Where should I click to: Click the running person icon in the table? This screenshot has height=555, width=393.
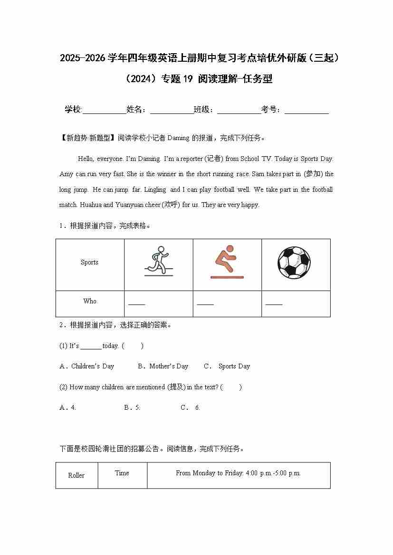[159, 261]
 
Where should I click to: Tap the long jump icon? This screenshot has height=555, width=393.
[227, 262]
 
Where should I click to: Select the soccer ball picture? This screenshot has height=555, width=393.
[294, 263]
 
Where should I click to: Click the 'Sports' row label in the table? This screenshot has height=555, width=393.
[89, 263]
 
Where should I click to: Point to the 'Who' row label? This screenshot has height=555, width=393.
[89, 301]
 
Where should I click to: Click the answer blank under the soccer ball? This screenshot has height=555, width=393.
[274, 303]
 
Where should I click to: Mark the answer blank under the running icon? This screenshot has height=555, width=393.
[137, 303]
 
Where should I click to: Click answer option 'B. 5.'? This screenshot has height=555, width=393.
[132, 408]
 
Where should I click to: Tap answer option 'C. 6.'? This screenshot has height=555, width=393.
[191, 408]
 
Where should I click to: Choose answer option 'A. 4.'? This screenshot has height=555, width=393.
[68, 408]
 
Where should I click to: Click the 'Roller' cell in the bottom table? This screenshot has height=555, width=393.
[76, 476]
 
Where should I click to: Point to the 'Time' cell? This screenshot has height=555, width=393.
[122, 473]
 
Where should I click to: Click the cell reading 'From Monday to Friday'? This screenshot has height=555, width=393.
[238, 473]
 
